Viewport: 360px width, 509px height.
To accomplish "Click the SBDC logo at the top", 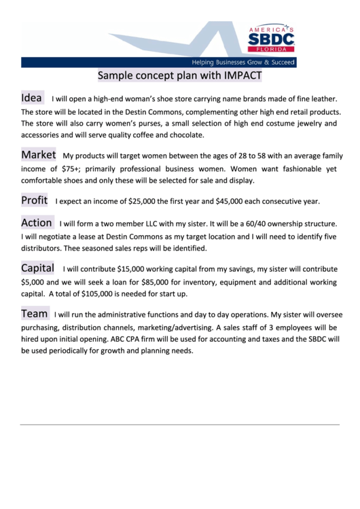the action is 270,39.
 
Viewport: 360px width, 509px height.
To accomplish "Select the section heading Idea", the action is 32,98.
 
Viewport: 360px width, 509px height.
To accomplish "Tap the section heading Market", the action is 38,155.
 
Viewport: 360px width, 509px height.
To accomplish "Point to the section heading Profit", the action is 34,200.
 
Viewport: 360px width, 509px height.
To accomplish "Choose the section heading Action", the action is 37,222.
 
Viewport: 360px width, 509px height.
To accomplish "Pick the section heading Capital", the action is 37,268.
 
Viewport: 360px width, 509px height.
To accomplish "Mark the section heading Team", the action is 34,313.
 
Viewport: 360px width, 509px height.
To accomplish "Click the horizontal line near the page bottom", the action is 179,425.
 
